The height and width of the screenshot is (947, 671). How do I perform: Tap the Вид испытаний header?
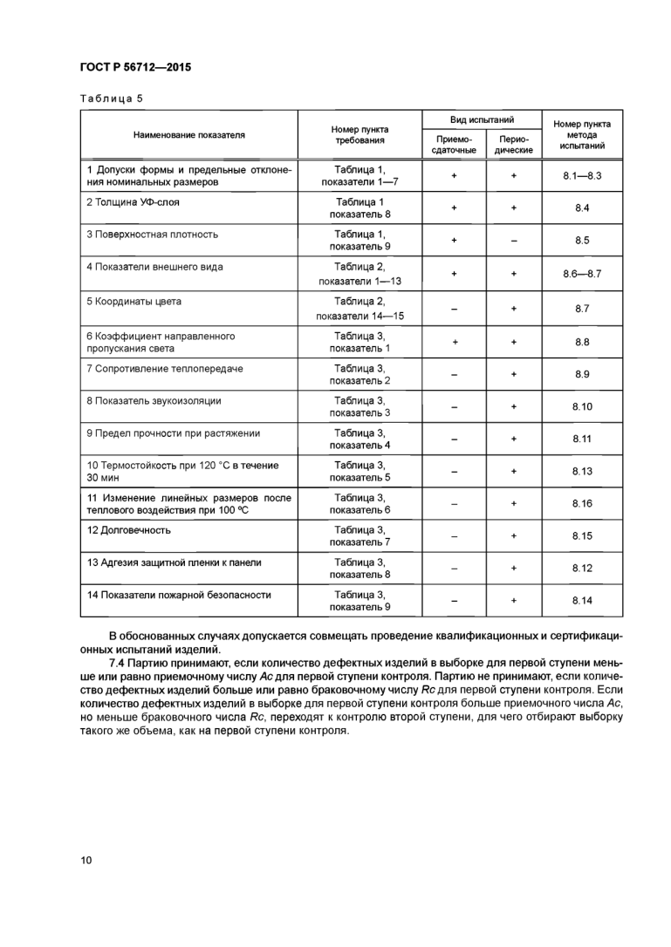[481, 119]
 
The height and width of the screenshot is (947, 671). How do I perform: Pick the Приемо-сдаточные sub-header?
[454, 145]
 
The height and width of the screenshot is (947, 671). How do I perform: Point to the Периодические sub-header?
[513, 145]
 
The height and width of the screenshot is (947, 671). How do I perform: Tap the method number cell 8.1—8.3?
[582, 175]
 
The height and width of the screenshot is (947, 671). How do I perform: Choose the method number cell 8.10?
[582, 406]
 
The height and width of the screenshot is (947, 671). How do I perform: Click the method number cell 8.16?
[582, 503]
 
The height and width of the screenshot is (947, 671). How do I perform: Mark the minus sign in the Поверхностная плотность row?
[513, 240]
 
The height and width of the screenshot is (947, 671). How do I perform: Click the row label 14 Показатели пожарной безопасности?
[178, 595]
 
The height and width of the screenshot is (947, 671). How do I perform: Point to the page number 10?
[86, 860]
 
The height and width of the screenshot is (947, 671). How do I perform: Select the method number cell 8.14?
[582, 600]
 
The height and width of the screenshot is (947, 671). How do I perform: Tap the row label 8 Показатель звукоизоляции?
[154, 400]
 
